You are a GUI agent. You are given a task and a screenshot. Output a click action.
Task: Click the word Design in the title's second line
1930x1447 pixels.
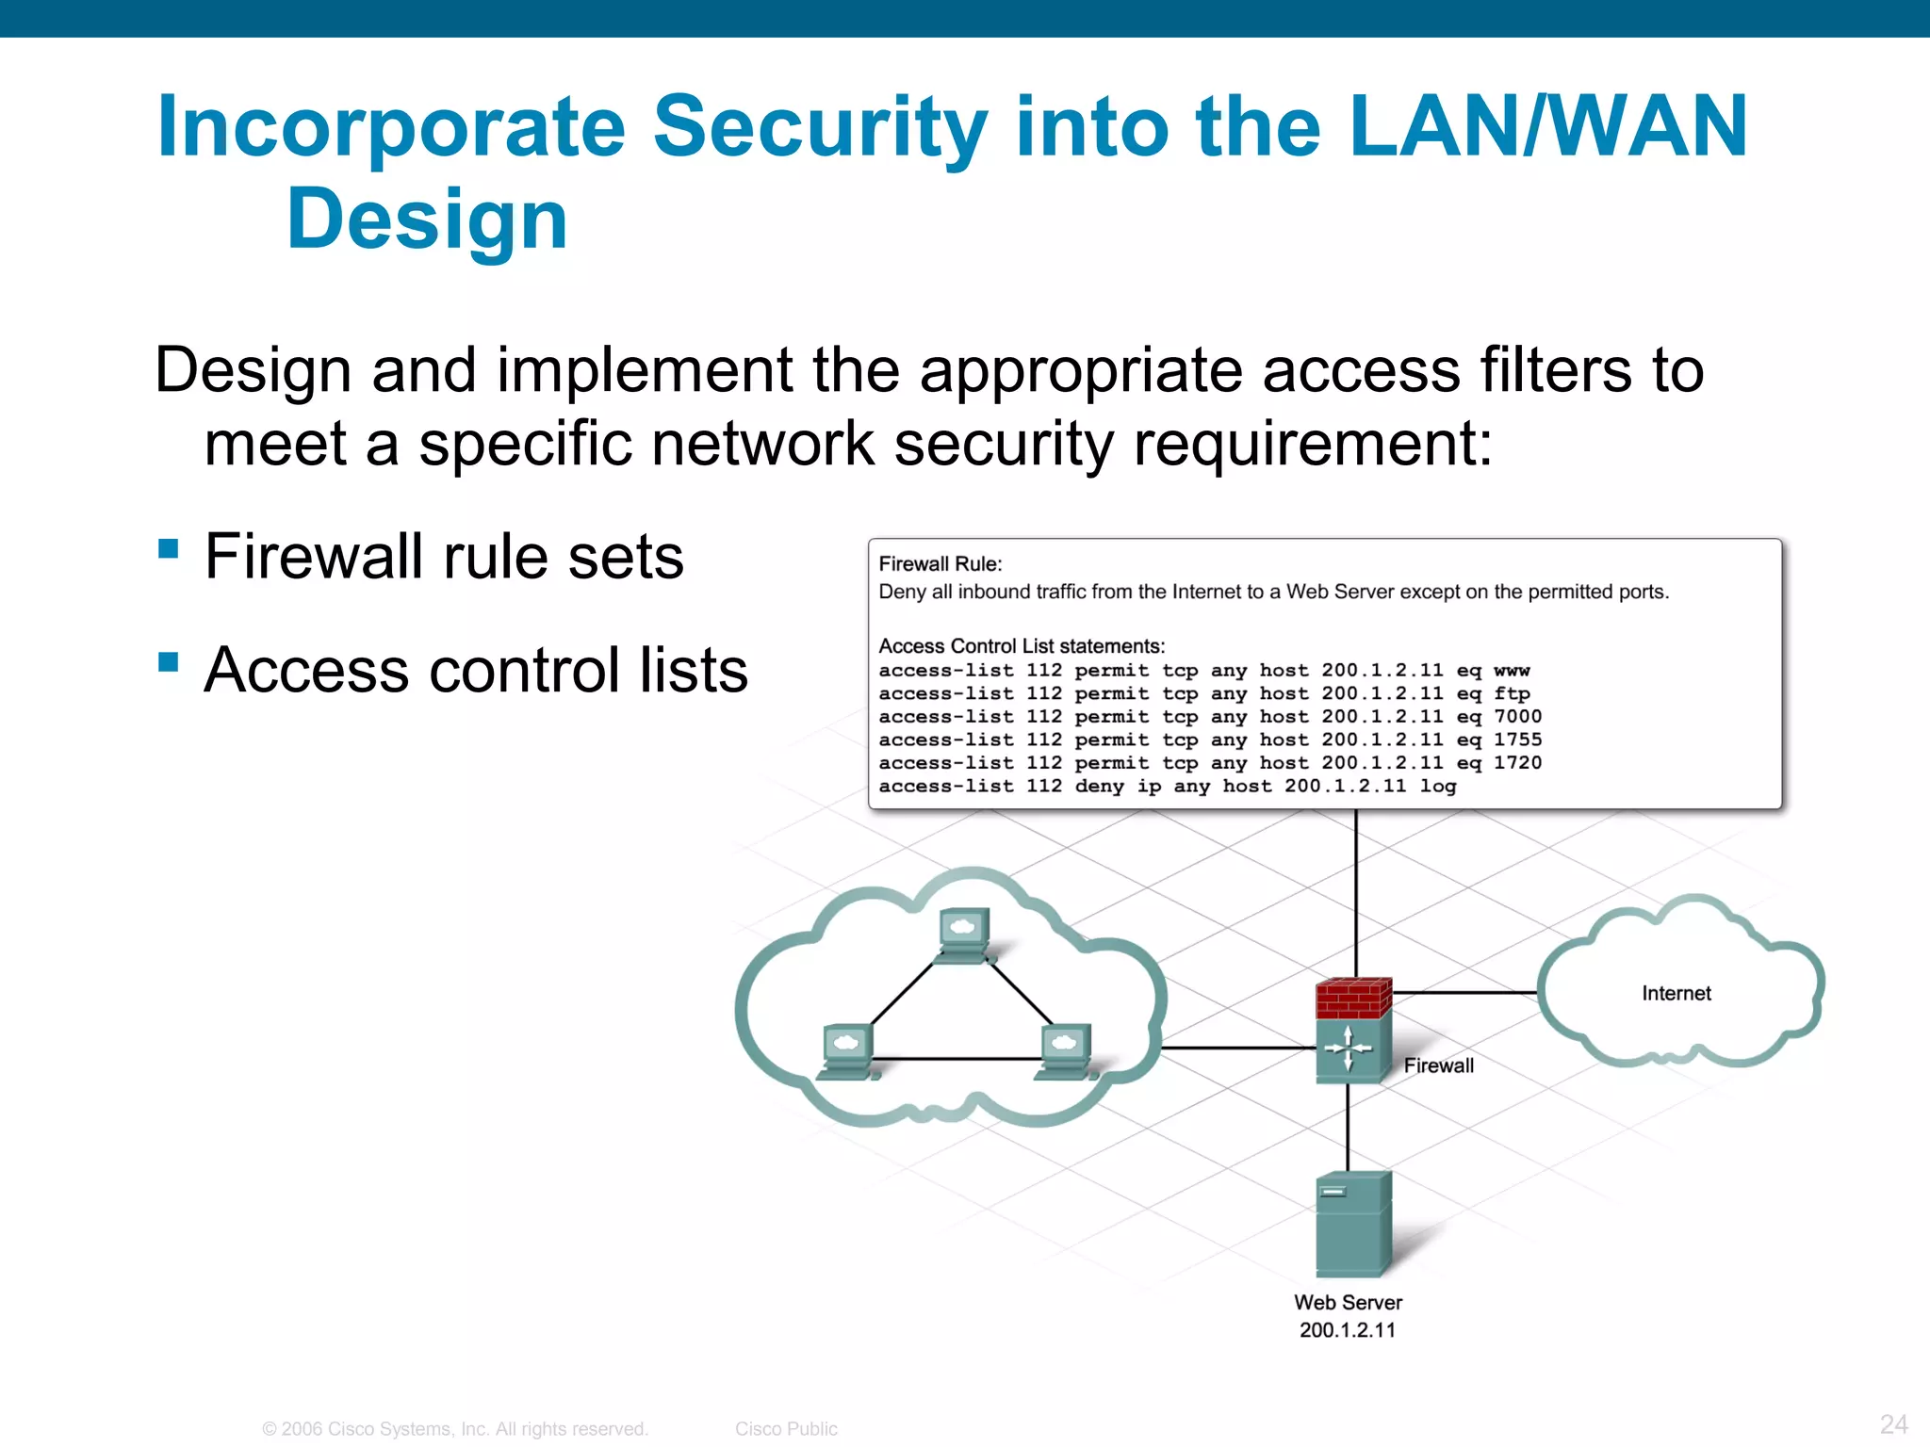pos(427,219)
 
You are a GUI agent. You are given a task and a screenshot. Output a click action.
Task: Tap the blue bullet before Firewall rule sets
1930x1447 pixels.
pos(169,548)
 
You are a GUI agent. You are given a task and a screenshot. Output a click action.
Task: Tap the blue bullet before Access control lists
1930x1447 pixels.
pos(169,662)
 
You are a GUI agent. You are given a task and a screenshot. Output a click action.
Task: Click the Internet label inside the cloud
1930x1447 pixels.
pos(1676,993)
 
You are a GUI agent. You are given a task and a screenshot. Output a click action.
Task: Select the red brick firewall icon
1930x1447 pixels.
pos(1353,999)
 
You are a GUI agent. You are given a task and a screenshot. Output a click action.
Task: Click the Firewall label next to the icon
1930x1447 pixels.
pos(1438,1065)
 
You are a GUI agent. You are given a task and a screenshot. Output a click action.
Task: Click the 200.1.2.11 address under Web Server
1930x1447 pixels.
pos(1347,1330)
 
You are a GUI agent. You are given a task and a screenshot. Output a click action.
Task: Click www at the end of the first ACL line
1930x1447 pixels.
pos(1512,671)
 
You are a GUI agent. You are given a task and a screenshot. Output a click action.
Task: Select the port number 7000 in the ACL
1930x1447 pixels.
pos(1517,717)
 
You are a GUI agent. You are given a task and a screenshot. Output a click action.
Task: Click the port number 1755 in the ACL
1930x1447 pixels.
pos(1517,740)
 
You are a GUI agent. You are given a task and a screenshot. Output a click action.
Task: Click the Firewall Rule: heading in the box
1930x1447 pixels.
pos(940,563)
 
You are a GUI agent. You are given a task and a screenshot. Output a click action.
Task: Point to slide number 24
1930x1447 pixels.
pos(1893,1423)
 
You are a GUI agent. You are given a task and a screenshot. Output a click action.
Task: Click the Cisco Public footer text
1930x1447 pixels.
pos(786,1428)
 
